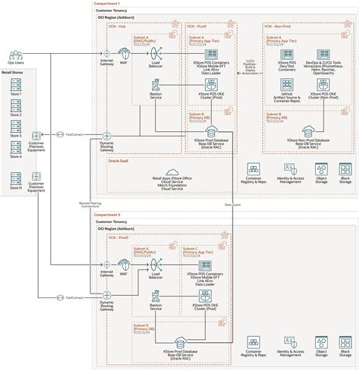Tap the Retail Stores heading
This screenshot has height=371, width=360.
(23, 74)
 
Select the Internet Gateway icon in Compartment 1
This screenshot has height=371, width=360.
(106, 54)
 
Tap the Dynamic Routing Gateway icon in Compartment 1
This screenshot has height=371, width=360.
(106, 135)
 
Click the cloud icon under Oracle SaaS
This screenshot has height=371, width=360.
(170, 173)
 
